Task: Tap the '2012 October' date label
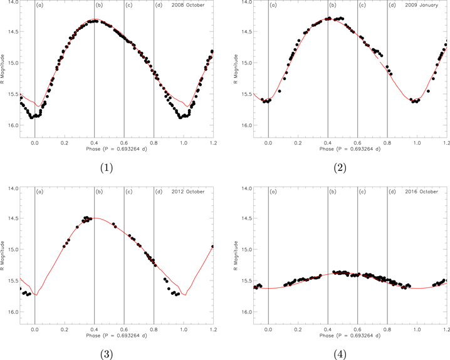coord(191,192)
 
